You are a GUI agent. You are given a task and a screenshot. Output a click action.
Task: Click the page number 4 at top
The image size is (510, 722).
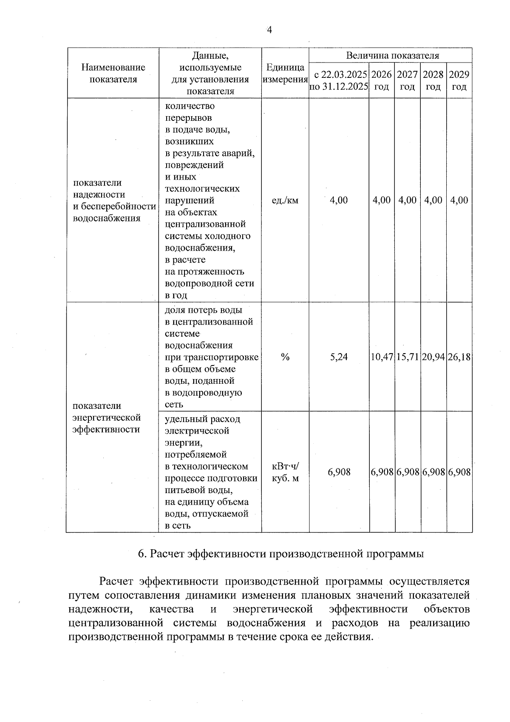coord(269,29)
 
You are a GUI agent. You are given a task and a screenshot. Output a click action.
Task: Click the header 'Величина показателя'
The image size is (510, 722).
coord(392,55)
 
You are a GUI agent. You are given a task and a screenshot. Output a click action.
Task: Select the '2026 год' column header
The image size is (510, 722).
coord(381,80)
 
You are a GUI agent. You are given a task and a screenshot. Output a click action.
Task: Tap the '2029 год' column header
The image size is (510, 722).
coord(459,80)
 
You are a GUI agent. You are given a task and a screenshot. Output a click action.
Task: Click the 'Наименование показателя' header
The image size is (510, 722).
coord(113,73)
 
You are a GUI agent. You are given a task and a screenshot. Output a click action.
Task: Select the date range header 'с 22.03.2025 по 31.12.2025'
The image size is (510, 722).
coord(339,80)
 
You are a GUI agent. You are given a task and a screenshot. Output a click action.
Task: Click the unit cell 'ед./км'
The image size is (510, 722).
coord(285,200)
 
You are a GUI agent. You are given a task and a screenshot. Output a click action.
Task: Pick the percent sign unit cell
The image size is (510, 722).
coord(285,357)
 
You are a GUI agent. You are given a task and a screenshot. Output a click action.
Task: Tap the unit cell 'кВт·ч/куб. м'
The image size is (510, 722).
coord(285,472)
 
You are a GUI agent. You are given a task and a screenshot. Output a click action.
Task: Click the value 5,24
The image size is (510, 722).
coord(339,357)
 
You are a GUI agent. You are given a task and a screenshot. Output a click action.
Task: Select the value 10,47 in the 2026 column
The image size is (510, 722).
coord(382,357)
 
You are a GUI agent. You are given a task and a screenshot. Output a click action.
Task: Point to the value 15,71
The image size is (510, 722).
coord(408,357)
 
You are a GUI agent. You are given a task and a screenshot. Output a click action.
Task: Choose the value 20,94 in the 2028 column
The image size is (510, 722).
coord(433,357)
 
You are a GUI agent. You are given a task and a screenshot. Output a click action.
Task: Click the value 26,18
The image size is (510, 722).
coord(459,357)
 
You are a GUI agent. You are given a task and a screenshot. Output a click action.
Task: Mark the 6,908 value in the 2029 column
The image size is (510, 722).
coord(459,472)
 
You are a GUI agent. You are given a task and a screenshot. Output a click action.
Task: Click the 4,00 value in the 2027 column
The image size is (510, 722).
coord(408,200)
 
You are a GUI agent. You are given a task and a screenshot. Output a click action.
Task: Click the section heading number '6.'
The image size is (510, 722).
coord(143,554)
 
